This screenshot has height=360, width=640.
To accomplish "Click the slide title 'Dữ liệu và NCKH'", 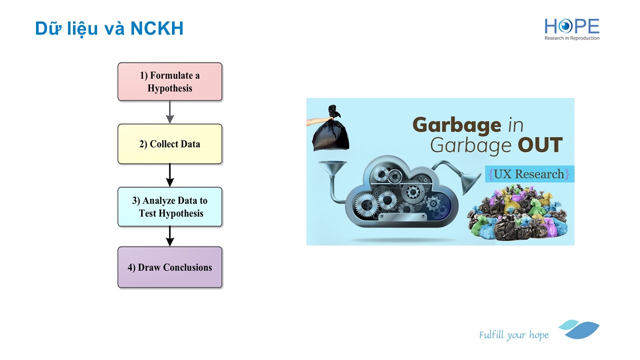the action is pyautogui.click(x=109, y=28).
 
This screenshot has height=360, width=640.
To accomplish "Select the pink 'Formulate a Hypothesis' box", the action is pyautogui.click(x=170, y=81).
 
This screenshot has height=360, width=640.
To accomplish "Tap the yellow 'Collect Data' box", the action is pyautogui.click(x=170, y=144).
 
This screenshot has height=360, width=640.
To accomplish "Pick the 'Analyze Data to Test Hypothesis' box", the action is pyautogui.click(x=170, y=207).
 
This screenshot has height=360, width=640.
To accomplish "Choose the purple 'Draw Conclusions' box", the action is pyautogui.click(x=170, y=267).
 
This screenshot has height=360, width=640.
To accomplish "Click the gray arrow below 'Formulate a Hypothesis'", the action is pyautogui.click(x=170, y=112).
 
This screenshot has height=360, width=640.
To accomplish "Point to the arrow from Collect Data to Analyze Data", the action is pyautogui.click(x=170, y=175).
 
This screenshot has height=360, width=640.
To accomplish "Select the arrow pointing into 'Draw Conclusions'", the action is pyautogui.click(x=170, y=236).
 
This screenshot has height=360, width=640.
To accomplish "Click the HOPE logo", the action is pyautogui.click(x=571, y=29).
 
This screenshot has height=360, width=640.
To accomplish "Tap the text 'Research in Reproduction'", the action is pyautogui.click(x=571, y=38).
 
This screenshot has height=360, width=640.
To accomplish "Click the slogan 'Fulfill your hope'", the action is pyautogui.click(x=513, y=335).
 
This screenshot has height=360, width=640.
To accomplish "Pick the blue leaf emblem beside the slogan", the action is pyautogui.click(x=579, y=329).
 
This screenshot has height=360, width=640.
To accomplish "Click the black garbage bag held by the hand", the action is pyautogui.click(x=331, y=130).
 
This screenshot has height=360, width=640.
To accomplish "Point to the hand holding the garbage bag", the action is pyautogui.click(x=317, y=121).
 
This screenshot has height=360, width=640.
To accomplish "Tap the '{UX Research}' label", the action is pyautogui.click(x=529, y=174).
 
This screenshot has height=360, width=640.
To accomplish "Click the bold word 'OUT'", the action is pyautogui.click(x=540, y=145).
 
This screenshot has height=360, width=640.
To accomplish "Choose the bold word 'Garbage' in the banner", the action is pyautogui.click(x=457, y=125).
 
